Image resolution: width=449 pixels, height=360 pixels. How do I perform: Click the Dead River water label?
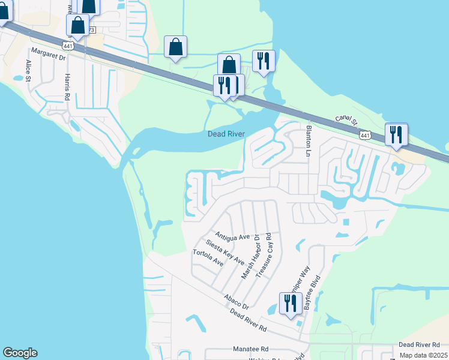[226, 134]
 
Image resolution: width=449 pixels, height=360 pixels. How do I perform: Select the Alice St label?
[28, 70]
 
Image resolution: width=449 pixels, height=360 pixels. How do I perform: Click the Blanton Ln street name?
[309, 141]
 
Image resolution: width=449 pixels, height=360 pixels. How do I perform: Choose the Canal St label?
[346, 122]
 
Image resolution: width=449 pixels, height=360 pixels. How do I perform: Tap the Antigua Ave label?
[232, 236]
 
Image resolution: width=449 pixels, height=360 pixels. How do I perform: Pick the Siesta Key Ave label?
[224, 253]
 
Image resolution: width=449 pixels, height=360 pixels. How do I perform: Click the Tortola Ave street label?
[208, 259]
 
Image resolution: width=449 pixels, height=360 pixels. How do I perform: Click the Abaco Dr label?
[236, 301]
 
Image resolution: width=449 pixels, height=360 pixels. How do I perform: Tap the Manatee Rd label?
[251, 349]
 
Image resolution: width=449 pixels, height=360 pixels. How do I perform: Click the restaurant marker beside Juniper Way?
[291, 304]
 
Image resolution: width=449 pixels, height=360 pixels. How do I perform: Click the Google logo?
[20, 353]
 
